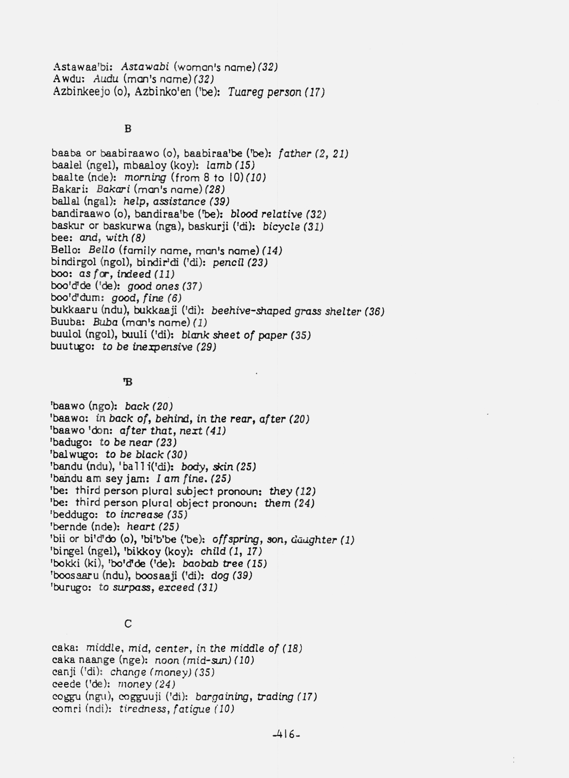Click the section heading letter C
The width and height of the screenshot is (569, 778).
click(x=128, y=624)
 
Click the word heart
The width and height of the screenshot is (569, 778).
click(x=141, y=527)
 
